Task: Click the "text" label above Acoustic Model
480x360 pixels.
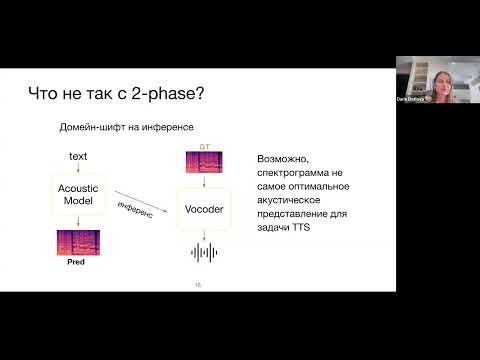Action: coord(77,157)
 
